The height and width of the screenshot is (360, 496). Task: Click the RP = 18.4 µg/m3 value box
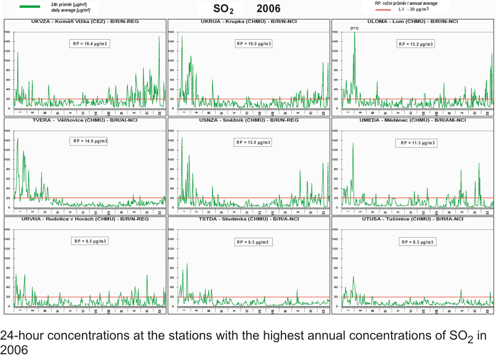pos(90,44)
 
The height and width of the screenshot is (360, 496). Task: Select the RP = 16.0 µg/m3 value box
pos(254,44)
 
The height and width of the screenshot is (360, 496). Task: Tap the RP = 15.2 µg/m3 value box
pos(416,44)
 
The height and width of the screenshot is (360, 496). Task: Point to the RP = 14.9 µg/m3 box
pos(90,141)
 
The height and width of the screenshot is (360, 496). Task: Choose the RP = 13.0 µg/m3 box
pos(254,142)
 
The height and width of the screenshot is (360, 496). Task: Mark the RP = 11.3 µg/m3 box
pos(418,143)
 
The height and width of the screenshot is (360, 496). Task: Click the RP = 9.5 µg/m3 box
pos(90,241)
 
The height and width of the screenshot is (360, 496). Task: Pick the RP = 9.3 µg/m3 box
pos(254,242)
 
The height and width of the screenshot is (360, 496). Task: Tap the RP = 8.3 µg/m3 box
pos(418,242)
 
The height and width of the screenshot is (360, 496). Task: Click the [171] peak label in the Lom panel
pos(354,28)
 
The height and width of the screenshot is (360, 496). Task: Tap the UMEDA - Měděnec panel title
pos(412,120)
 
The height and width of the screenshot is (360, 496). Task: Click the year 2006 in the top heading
pos(268,8)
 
